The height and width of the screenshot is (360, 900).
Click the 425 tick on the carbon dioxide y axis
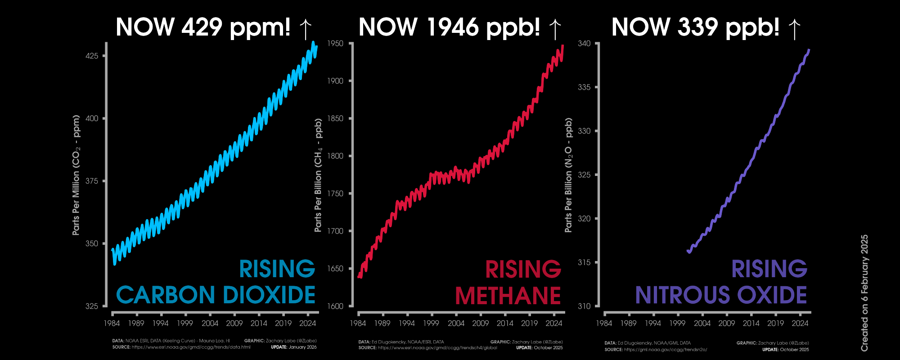click(92, 56)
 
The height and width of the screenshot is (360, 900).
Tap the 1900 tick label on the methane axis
click(335, 81)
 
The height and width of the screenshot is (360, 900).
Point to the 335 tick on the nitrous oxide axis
click(584, 87)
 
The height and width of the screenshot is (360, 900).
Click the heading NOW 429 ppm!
click(203, 27)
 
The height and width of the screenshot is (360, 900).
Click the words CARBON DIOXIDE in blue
click(216, 295)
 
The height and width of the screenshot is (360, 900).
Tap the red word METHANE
click(508, 296)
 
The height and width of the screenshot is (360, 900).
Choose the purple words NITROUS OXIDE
click(721, 295)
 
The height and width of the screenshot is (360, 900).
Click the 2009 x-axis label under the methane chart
click(480, 323)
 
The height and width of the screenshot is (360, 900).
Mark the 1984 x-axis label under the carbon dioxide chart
click(112, 323)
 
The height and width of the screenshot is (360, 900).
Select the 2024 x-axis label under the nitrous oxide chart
click(800, 323)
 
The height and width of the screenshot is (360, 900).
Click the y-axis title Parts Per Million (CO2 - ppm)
click(76, 175)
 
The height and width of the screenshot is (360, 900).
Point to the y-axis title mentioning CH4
click(318, 175)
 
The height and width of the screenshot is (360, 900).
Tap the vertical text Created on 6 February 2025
click(864, 293)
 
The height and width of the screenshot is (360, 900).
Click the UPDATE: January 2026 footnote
click(293, 347)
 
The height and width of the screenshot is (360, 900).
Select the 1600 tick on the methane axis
click(335, 306)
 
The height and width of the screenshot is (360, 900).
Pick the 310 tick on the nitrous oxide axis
click(584, 306)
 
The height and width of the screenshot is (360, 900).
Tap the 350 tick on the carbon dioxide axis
click(92, 243)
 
